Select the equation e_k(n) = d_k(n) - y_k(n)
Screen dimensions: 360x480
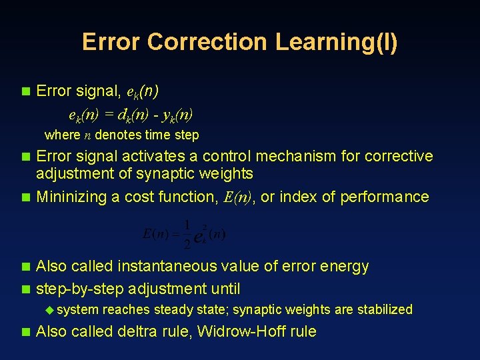point(131,113)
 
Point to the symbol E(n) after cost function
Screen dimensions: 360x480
point(237,197)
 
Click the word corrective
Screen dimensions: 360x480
point(398,156)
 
